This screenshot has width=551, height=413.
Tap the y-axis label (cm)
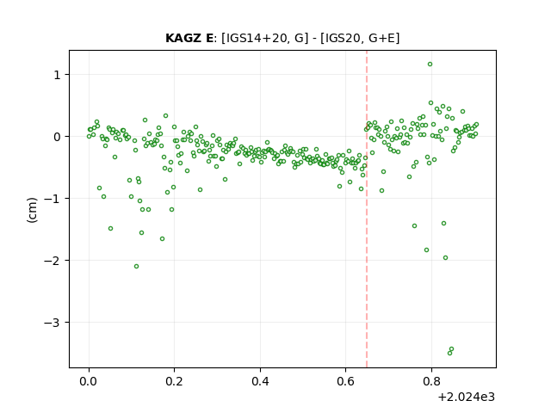[x=32, y=210]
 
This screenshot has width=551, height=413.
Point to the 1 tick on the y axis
[x=57, y=75]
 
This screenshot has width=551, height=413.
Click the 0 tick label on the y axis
[x=57, y=137]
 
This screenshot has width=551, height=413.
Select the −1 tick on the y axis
[x=53, y=199]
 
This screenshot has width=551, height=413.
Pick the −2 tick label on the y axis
[x=53, y=261]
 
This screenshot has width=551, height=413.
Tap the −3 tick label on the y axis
[x=53, y=323]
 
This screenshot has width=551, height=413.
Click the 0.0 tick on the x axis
[x=89, y=381]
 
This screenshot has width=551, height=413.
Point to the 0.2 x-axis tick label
[x=174, y=381]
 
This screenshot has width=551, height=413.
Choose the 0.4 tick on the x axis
[x=260, y=381]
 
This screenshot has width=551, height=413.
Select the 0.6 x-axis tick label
[x=346, y=381]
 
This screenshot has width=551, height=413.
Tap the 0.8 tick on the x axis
[x=431, y=381]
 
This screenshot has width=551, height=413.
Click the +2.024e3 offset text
[x=466, y=398]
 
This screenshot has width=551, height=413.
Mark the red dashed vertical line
[x=367, y=209]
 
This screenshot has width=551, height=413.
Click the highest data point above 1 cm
[x=430, y=65]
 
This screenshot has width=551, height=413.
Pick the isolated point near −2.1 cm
[x=136, y=267]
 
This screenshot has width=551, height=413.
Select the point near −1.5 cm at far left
[x=110, y=229]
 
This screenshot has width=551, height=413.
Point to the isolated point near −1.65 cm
[x=162, y=239]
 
